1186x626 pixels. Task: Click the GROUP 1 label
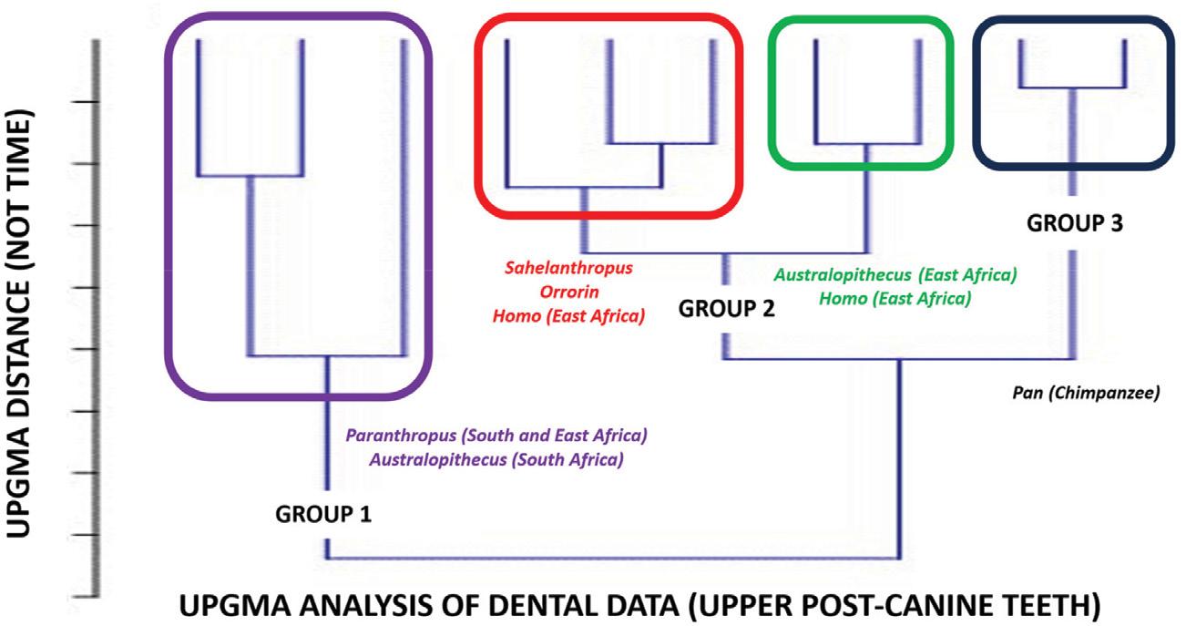click(x=322, y=515)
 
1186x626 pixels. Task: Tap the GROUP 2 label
click(x=726, y=309)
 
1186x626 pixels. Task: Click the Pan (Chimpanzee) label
click(x=1084, y=395)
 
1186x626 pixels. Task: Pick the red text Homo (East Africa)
click(x=568, y=317)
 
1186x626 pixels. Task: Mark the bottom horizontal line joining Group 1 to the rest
click(x=612, y=558)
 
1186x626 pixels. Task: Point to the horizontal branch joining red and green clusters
click(x=724, y=252)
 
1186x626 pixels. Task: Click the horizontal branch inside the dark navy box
click(x=1072, y=87)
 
